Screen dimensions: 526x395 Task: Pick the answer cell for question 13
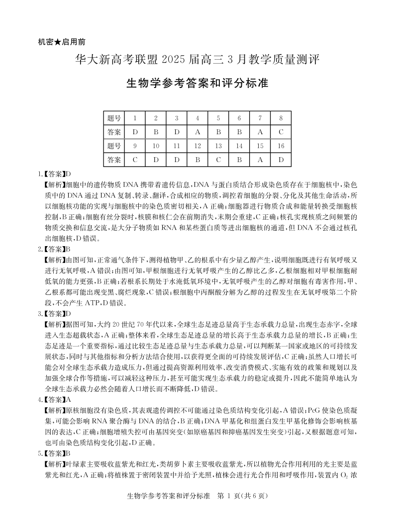[218, 160]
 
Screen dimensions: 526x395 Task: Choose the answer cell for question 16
[281, 160]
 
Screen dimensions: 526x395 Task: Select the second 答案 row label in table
[114, 160]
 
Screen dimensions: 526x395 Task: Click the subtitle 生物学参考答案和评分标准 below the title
[197, 83]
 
